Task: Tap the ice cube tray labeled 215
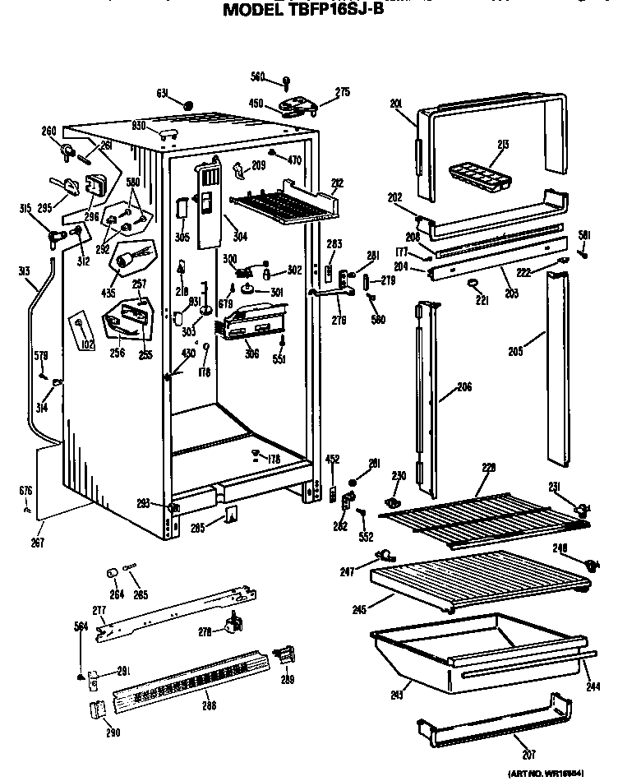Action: (478, 175)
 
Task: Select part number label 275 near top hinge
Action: (342, 93)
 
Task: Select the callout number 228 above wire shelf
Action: (489, 468)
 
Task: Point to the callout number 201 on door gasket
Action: (395, 104)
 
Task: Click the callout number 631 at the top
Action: (162, 94)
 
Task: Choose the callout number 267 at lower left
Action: (38, 542)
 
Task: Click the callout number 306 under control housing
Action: (251, 354)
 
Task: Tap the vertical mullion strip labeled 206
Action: (427, 386)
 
